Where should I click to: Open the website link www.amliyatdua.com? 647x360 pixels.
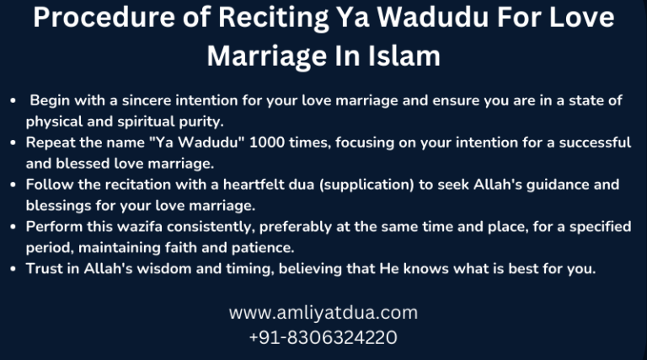pyautogui.click(x=323, y=313)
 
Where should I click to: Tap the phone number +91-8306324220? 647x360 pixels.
pyautogui.click(x=323, y=338)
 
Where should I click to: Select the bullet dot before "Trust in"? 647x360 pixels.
pyautogui.click(x=13, y=269)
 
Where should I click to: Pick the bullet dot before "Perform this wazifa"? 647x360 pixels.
pyautogui.click(x=13, y=227)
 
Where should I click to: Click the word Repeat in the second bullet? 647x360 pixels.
pyautogui.click(x=52, y=142)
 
